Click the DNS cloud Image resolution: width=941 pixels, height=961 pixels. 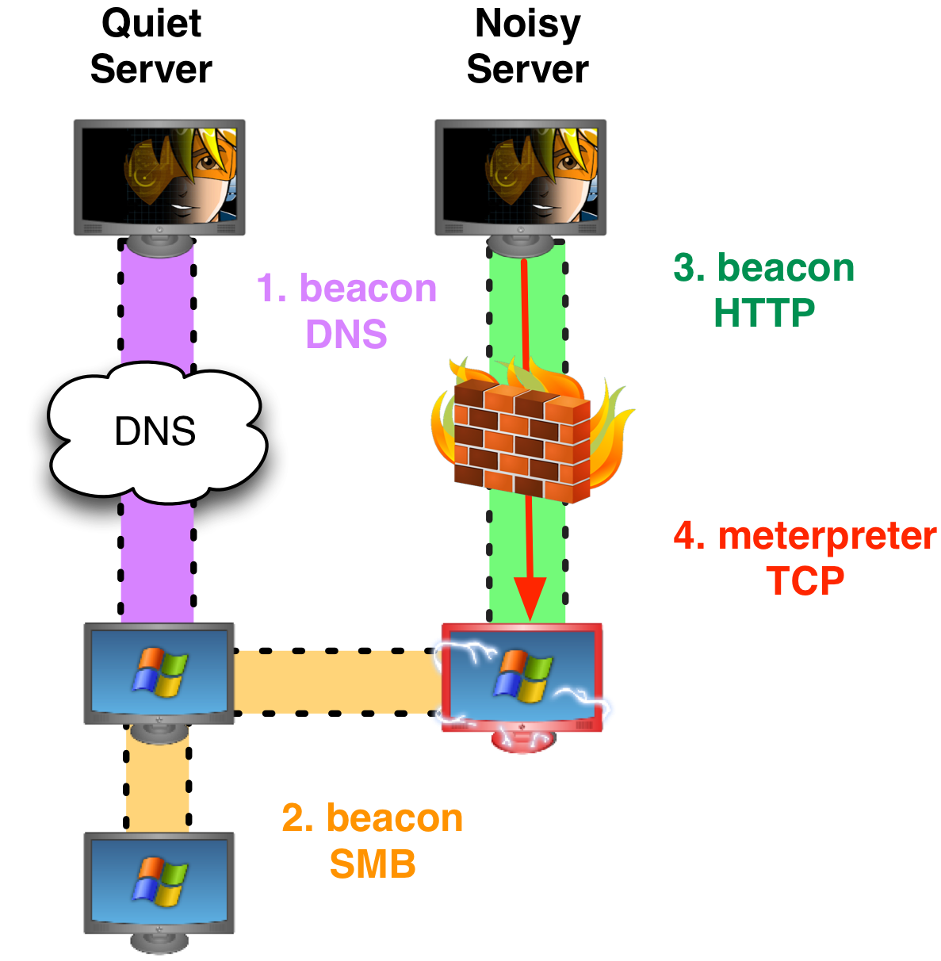pyautogui.click(x=155, y=432)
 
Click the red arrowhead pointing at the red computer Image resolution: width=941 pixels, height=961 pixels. pyautogui.click(x=530, y=599)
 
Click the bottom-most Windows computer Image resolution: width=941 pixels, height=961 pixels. pyautogui.click(x=159, y=884)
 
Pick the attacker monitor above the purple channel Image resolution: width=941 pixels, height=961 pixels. pyautogui.click(x=159, y=178)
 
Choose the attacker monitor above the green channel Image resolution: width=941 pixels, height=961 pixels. pyautogui.click(x=521, y=178)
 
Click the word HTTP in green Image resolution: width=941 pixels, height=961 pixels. pyautogui.click(x=764, y=313)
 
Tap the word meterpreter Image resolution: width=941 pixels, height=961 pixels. pyautogui.click(x=827, y=536)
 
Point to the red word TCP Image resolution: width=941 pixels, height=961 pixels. pyautogui.click(x=805, y=581)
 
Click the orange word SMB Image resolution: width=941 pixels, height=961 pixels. pyautogui.click(x=373, y=864)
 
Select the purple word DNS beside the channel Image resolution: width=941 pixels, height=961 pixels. pyautogui.click(x=346, y=335)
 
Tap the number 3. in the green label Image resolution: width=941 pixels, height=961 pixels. pyautogui.click(x=689, y=268)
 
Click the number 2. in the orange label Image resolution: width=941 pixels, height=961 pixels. pyautogui.click(x=297, y=819)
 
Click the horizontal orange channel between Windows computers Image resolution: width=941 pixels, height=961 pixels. pyautogui.click(x=337, y=681)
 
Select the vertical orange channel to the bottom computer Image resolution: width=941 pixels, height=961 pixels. pyautogui.click(x=158, y=781)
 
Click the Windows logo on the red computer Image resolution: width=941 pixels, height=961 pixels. pyautogui.click(x=523, y=675)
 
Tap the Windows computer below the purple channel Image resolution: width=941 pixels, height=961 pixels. pyautogui.click(x=159, y=674)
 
